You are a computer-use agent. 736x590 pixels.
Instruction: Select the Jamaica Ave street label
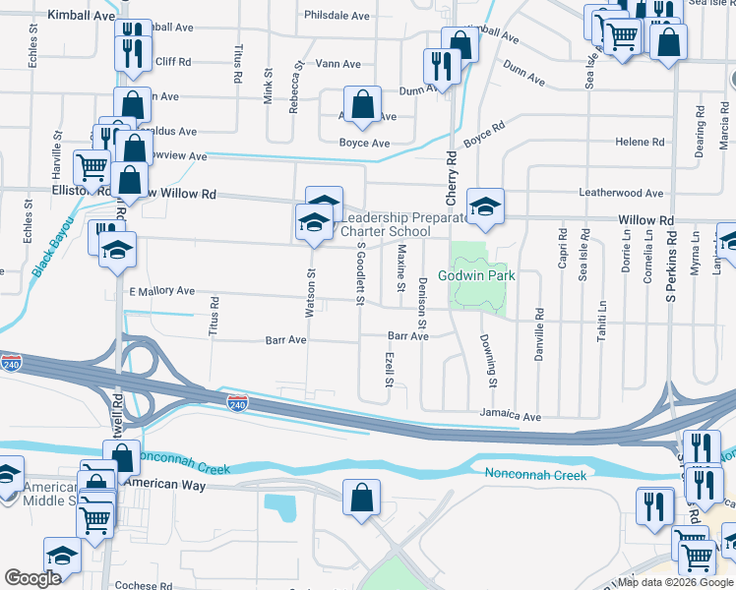pyautogui.click(x=512, y=417)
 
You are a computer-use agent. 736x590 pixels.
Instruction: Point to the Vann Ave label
pyautogui.click(x=338, y=64)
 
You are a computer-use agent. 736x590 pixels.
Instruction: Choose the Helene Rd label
pyautogui.click(x=640, y=143)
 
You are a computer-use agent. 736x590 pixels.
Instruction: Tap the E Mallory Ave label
pyautogui.click(x=161, y=292)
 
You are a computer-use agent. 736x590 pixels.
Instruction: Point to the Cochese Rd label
pyautogui.click(x=144, y=585)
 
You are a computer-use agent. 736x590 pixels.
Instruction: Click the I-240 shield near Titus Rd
pyautogui.click(x=237, y=404)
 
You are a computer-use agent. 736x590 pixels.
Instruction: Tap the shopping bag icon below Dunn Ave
pyautogui.click(x=362, y=103)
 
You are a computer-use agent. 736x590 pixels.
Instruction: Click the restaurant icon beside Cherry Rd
pyautogui.click(x=438, y=65)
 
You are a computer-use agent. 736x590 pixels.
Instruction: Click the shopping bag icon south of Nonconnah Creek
pyautogui.click(x=361, y=497)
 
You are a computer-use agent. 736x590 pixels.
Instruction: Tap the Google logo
pyautogui.click(x=32, y=578)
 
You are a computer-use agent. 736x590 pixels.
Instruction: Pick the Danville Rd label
pyautogui.click(x=539, y=334)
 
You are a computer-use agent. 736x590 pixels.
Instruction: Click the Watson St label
pyautogui.click(x=310, y=294)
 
